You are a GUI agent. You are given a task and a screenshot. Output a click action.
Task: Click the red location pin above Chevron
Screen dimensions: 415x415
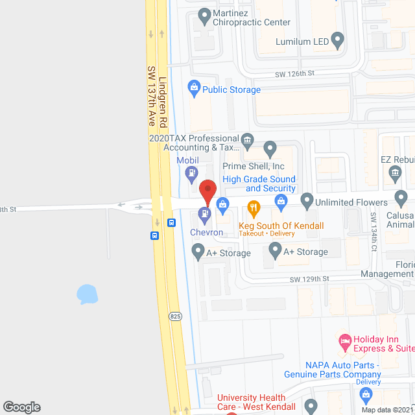(x=207, y=191)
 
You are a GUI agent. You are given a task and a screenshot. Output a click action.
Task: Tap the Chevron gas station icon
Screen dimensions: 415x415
(x=206, y=213)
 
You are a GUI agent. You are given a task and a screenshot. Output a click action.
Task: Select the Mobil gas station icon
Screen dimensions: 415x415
(x=191, y=172)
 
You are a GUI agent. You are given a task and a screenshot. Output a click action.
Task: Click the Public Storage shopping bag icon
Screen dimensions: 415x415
(x=193, y=86)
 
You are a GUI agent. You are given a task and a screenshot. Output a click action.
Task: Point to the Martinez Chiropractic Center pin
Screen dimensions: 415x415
(x=204, y=14)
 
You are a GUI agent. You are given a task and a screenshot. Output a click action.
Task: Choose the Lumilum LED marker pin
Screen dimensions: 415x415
(x=337, y=40)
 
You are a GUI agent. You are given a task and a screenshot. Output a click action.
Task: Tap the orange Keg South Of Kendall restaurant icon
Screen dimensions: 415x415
(x=254, y=208)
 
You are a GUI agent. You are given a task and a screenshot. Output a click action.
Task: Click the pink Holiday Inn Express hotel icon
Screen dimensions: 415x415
(x=344, y=340)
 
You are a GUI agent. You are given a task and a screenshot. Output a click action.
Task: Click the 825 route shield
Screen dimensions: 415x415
(x=175, y=316)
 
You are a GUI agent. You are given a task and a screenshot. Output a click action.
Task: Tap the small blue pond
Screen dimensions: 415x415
(x=86, y=294)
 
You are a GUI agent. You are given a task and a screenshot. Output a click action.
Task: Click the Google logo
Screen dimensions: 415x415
(x=21, y=407)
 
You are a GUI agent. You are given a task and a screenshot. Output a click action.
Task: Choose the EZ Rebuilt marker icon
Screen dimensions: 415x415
(x=394, y=172)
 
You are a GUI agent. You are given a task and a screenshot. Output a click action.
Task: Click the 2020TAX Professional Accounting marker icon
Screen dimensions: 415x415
(x=247, y=140)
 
